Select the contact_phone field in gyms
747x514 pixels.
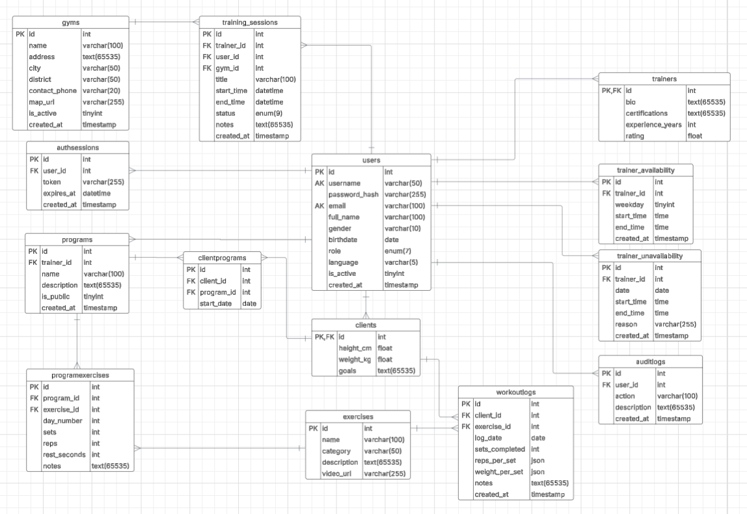(x=52, y=91)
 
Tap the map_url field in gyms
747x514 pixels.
(x=43, y=102)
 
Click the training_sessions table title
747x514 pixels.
(x=250, y=22)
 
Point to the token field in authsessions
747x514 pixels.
(x=51, y=182)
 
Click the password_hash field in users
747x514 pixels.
(x=353, y=195)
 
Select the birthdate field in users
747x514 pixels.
(x=343, y=239)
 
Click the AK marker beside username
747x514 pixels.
(x=319, y=183)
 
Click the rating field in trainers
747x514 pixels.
(x=635, y=136)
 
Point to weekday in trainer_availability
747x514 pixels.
(x=630, y=204)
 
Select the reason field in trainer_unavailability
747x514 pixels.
(x=627, y=324)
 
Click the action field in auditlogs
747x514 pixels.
(x=626, y=396)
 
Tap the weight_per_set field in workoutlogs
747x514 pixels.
(x=499, y=472)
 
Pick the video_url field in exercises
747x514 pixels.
(x=337, y=474)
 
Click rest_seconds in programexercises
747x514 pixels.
(x=64, y=454)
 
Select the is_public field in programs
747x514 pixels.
(x=57, y=296)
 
